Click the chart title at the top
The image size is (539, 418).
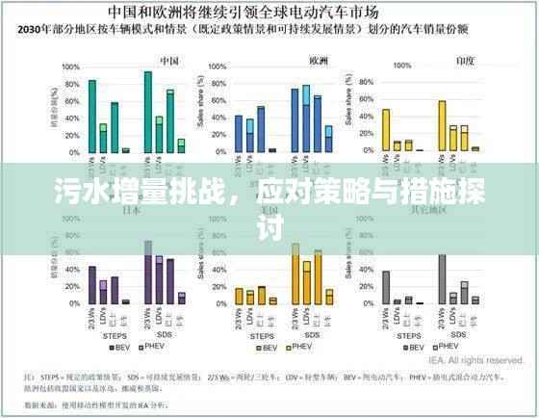269,13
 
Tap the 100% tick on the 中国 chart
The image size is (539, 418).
70,68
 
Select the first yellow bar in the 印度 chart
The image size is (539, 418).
386,130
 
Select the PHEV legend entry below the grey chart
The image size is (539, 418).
448,346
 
